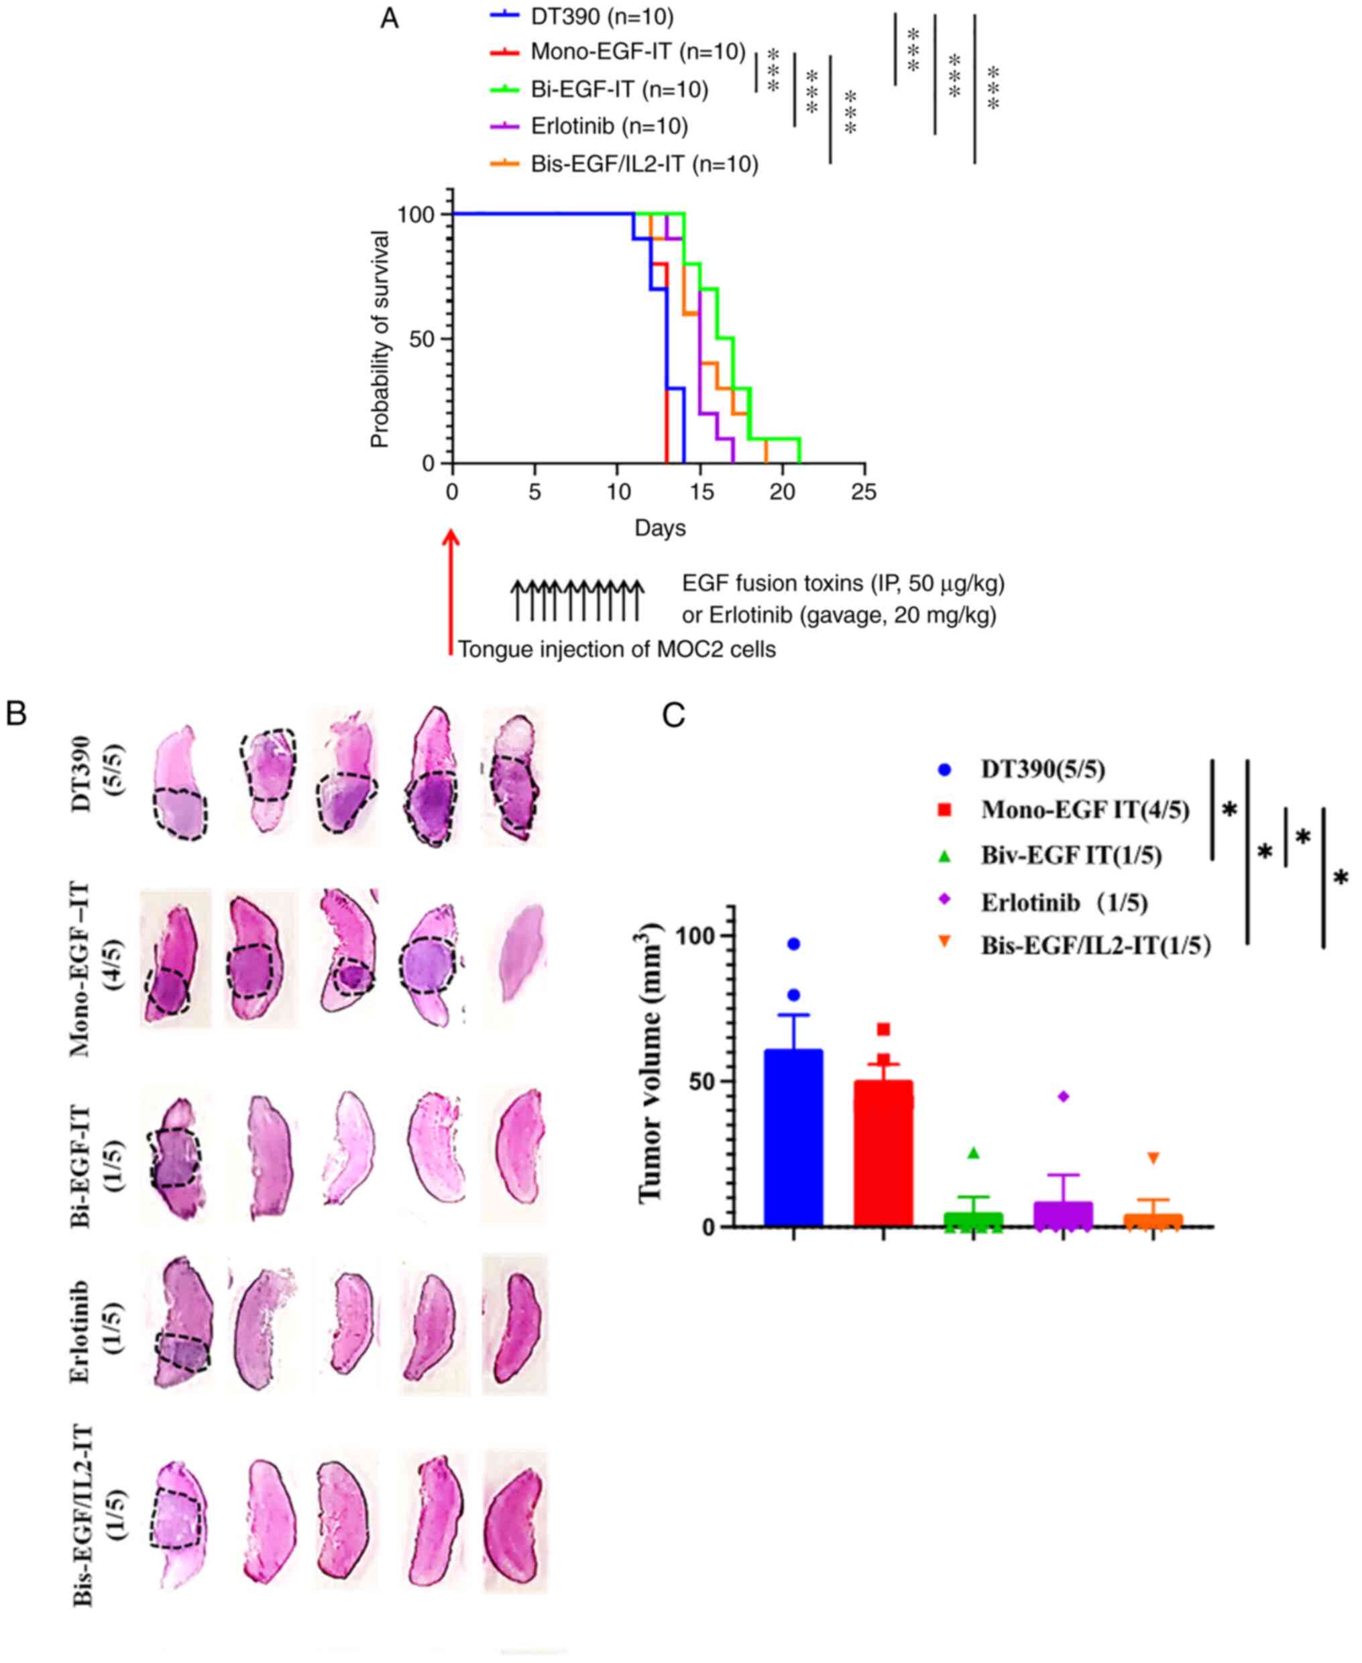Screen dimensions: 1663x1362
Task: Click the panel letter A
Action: pos(389,18)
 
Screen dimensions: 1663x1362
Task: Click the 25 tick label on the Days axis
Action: pos(864,492)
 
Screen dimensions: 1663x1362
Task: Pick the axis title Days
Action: pos(660,528)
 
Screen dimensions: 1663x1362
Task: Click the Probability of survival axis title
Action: pos(380,339)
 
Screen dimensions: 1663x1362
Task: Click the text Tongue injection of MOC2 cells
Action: pos(617,650)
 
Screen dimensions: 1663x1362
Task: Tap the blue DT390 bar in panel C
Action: pos(793,1137)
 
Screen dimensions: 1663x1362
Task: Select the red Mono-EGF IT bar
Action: pos(883,1153)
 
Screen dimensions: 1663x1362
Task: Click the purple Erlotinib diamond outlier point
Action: pos(1064,1096)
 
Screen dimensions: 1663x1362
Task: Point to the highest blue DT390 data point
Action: pos(794,944)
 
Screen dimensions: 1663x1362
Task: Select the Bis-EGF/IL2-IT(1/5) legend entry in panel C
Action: pos(1095,946)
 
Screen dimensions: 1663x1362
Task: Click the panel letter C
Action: pos(673,715)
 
